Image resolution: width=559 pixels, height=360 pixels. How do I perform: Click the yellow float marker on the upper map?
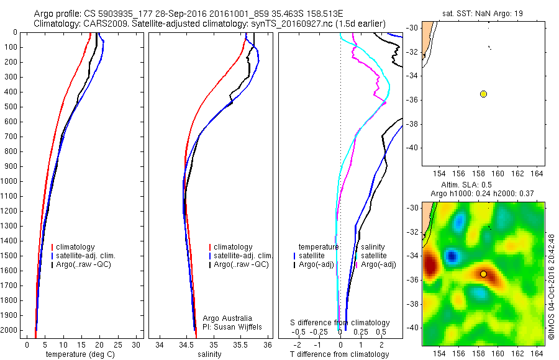tap(483, 94)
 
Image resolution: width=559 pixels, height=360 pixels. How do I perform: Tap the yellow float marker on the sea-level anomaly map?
tap(483, 274)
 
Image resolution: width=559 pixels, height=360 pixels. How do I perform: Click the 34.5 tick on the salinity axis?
tap(186, 345)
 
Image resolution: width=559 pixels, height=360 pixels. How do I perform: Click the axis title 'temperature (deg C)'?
tap(79, 354)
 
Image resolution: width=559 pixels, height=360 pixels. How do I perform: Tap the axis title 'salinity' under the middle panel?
tap(209, 354)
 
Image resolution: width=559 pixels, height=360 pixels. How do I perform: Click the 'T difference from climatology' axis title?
tap(340, 354)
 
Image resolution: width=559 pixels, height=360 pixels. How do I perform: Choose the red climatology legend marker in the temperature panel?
tap(52, 247)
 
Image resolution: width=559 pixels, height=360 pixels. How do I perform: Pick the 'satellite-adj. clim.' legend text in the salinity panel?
tap(243, 256)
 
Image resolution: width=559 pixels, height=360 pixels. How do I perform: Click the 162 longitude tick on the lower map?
tap(517, 353)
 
